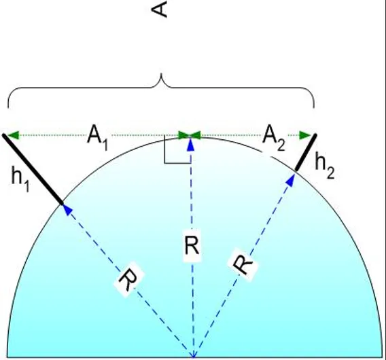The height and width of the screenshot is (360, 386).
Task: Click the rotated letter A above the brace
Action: (160, 10)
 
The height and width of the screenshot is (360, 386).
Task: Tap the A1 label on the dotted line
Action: (98, 138)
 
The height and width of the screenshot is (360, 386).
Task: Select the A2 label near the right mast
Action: (274, 138)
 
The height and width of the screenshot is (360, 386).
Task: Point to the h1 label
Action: (20, 179)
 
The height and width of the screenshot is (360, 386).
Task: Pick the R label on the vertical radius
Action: (192, 246)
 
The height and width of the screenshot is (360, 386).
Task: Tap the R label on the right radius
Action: (243, 264)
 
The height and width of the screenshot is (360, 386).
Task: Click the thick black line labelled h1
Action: (33, 169)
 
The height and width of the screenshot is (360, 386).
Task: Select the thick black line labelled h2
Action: (306, 152)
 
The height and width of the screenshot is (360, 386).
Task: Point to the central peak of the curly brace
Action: (161, 74)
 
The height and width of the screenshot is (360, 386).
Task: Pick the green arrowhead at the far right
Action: (306, 135)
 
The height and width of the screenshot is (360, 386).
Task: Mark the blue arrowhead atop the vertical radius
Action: (191, 145)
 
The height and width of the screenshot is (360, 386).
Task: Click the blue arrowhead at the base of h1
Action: (67, 210)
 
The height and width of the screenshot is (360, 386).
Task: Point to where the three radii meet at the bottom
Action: (194, 357)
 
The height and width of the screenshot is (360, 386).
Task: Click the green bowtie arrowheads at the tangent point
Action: (190, 135)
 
